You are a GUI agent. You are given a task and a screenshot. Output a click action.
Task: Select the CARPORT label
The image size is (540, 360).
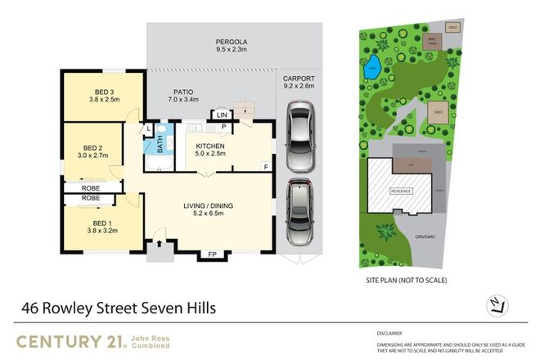click(299, 81)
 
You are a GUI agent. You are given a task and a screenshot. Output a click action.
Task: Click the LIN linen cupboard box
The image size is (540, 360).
click(222, 115)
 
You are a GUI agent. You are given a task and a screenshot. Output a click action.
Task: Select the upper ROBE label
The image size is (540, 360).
click(90, 187)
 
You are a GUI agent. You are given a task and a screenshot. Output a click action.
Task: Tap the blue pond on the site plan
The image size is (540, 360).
click(372, 68)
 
